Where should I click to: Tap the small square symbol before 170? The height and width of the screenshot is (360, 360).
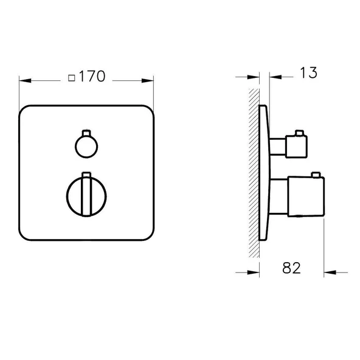[72, 78]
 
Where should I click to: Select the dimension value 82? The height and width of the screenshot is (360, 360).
[292, 268]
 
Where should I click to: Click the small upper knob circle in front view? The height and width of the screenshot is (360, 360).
[83, 145]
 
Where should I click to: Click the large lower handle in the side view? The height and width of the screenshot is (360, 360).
[299, 195]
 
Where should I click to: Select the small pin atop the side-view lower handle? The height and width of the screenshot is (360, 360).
[315, 176]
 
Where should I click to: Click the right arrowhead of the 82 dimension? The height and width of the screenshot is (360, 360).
[328, 272]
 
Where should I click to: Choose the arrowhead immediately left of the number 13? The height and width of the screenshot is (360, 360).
[272, 77]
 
